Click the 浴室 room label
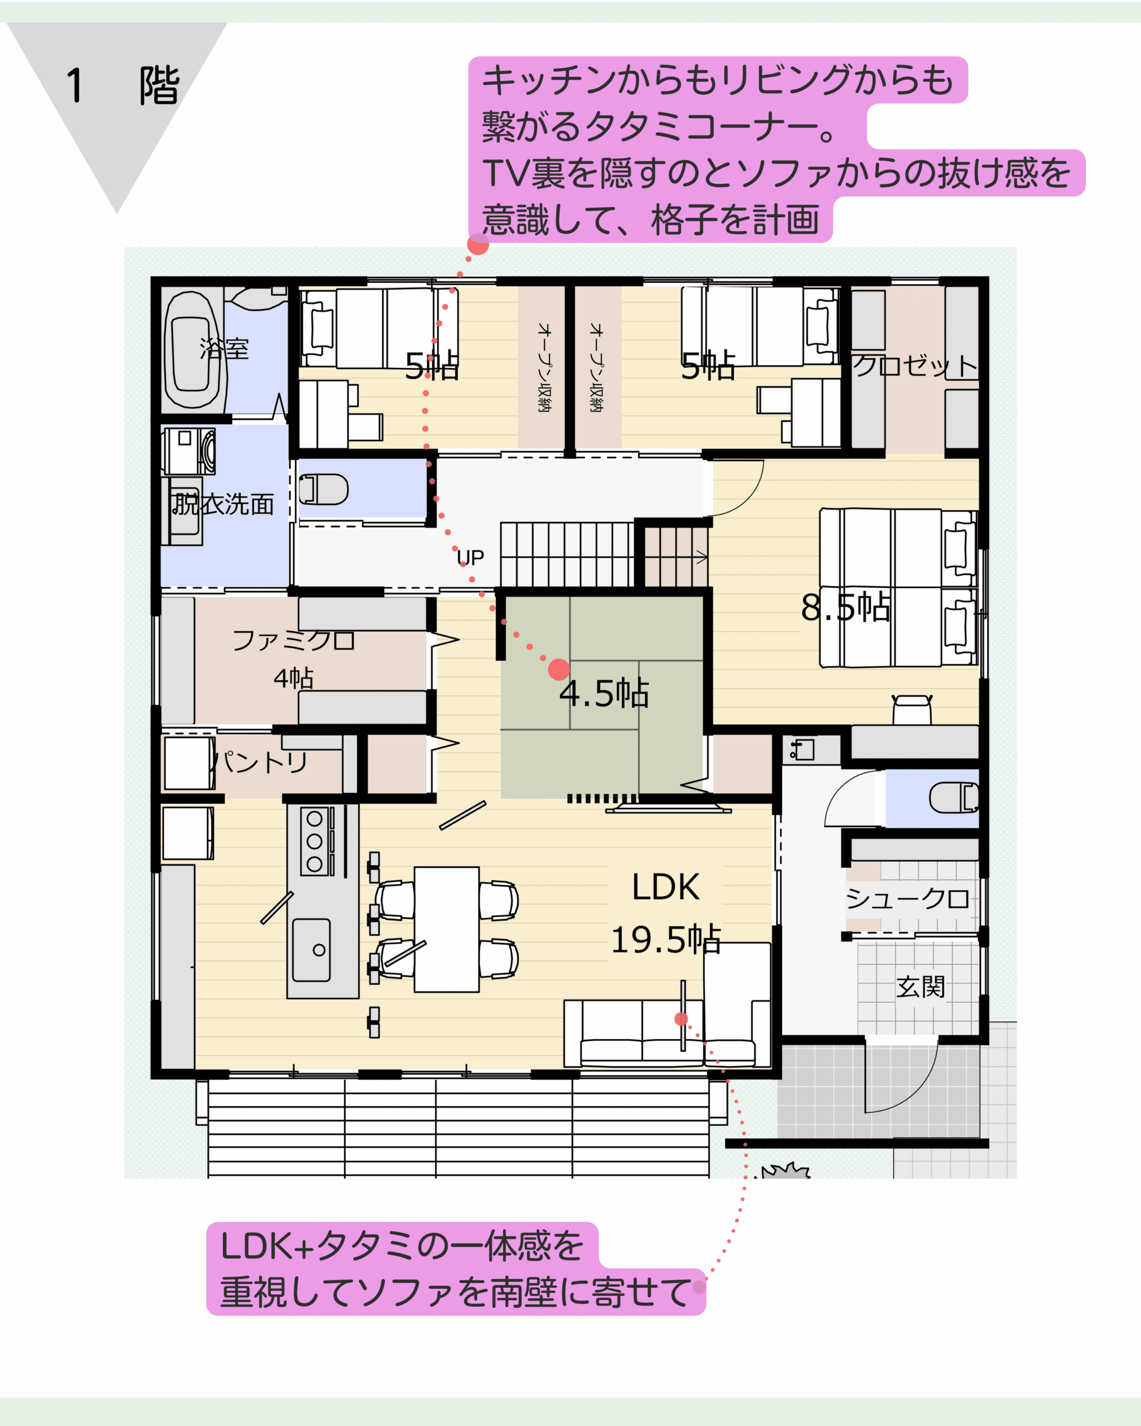(224, 349)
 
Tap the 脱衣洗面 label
(223, 504)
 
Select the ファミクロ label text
(294, 639)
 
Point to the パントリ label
(262, 762)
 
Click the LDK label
(665, 887)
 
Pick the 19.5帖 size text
(665, 939)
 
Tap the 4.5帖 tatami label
(604, 693)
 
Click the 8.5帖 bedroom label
(845, 607)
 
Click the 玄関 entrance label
(921, 987)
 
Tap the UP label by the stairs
(470, 558)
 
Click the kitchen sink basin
(311, 950)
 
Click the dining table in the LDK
(446, 929)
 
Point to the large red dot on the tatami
(559, 670)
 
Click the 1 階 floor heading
(123, 85)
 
